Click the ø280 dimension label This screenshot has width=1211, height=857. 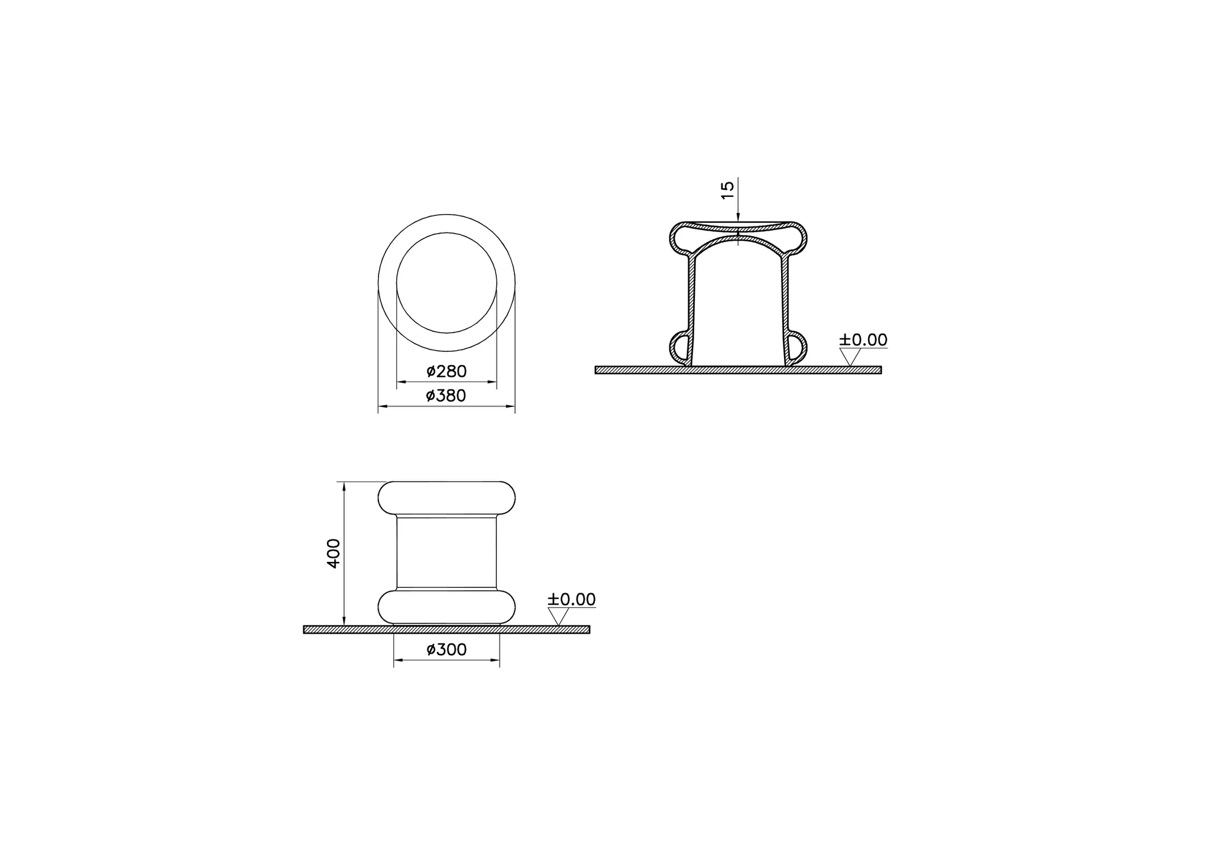[446, 371]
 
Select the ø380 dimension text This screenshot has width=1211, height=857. [446, 396]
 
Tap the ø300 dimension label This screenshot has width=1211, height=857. [446, 649]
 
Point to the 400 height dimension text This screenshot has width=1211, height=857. [334, 554]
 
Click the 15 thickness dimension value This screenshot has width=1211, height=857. [728, 189]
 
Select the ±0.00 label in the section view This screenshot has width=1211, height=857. [863, 340]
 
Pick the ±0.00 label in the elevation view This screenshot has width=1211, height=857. [571, 599]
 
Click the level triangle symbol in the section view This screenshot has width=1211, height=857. [850, 357]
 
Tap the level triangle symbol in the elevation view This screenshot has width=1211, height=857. [558, 616]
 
